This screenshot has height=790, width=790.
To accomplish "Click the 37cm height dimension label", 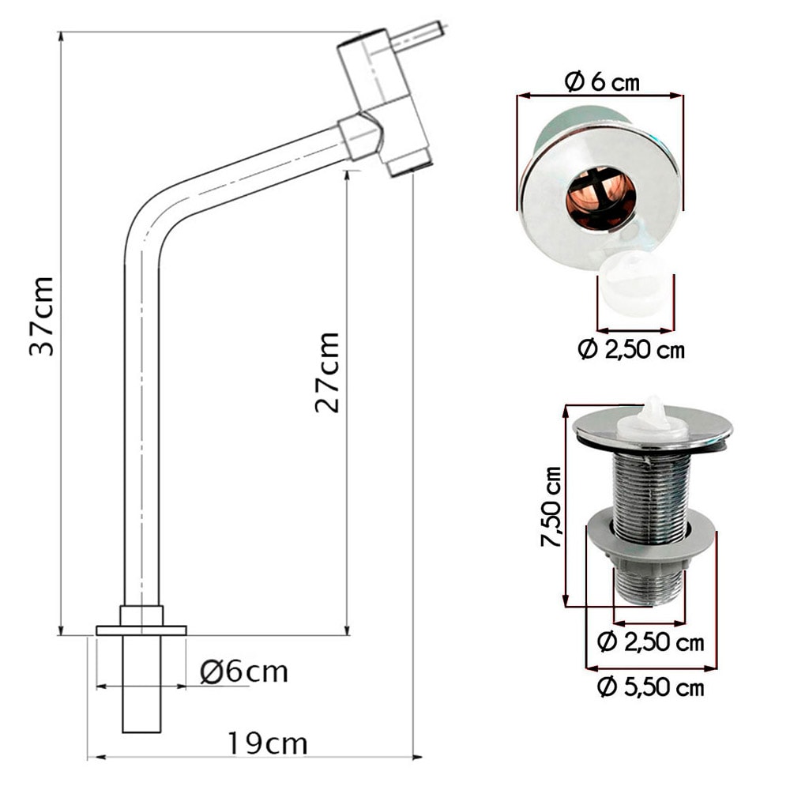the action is click(41, 317).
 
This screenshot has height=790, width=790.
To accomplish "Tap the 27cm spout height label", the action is click(326, 372).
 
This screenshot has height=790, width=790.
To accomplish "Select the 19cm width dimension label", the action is click(268, 743).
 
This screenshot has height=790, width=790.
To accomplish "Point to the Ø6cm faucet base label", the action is click(244, 672).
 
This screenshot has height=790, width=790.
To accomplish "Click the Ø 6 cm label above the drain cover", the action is click(602, 81).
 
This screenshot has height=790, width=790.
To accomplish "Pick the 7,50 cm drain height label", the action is click(551, 507).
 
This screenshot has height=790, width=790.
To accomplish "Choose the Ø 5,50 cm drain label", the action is click(650, 687).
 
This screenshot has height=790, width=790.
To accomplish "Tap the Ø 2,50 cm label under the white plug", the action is click(631, 349).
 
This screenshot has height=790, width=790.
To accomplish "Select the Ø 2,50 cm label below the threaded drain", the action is click(650, 642).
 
